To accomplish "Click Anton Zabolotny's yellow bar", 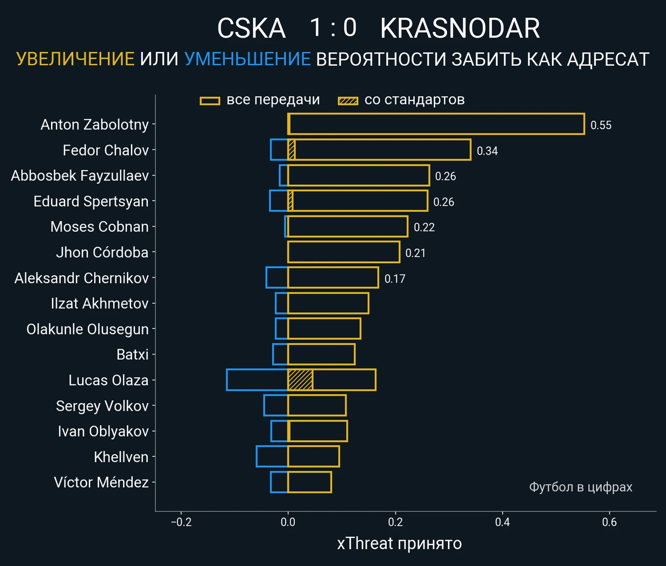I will (x=436, y=124).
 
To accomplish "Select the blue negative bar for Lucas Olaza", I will (x=257, y=380).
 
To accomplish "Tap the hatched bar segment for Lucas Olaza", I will (x=300, y=380).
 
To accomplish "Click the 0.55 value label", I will (x=601, y=125).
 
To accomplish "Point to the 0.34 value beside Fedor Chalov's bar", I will (x=487, y=151).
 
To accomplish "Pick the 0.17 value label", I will (x=395, y=279).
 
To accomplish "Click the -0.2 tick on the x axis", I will (x=181, y=522).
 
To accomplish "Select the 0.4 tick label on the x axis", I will (x=502, y=522).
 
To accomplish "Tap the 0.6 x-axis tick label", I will (x=609, y=522).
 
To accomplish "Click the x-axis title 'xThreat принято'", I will (x=399, y=544).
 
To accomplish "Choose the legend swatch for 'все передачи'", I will (x=210, y=101).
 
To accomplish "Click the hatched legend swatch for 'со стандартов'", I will (x=348, y=101).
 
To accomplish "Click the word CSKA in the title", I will (x=251, y=28).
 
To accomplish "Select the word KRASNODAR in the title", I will (x=460, y=28).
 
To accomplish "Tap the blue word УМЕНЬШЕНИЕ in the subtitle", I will (x=247, y=59).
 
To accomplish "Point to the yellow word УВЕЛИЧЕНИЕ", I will (x=75, y=59).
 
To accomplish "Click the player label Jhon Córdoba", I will (x=102, y=252).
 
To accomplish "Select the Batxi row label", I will (x=132, y=354).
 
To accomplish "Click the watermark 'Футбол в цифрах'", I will (x=580, y=487).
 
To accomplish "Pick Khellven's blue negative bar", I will (x=272, y=457).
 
